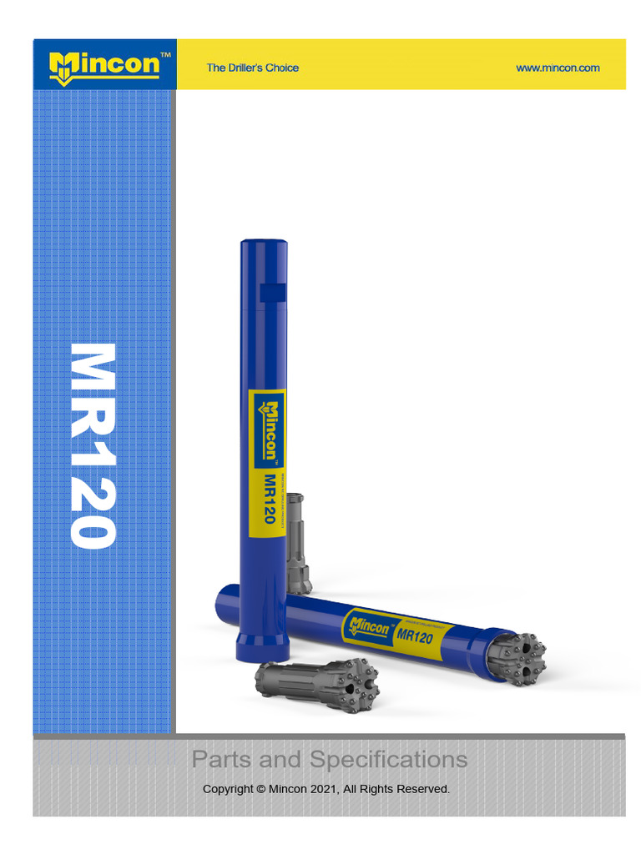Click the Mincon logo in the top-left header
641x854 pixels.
click(x=104, y=65)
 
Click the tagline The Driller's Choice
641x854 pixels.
click(x=252, y=68)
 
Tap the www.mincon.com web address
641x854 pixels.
click(x=558, y=68)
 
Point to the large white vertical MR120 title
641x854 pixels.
click(x=92, y=445)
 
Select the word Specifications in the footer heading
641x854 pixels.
click(x=388, y=760)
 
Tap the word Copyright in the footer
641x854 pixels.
click(x=228, y=789)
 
